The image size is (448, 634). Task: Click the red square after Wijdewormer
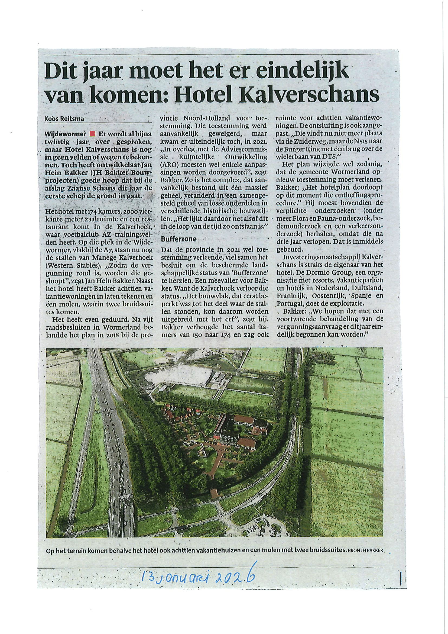pyautogui.click(x=92, y=134)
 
